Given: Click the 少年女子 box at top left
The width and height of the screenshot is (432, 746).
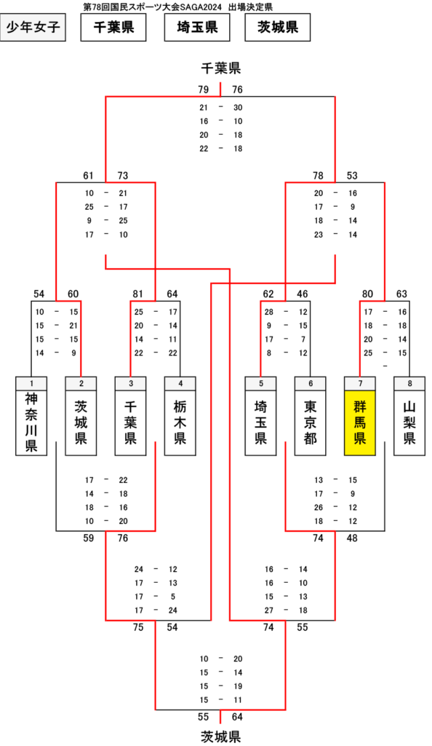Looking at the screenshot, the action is (x=33, y=28).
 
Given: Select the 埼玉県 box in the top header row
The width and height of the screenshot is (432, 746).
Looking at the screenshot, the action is (x=197, y=28).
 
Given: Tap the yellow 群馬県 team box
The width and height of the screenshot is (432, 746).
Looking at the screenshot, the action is (x=360, y=423).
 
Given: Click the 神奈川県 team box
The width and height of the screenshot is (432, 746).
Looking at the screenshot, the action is (x=31, y=423).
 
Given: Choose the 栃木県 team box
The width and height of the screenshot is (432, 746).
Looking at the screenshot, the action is (x=180, y=423).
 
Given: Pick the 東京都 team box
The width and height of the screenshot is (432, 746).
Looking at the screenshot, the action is (x=310, y=423).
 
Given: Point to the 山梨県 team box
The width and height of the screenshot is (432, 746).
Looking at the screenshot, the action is (x=409, y=423).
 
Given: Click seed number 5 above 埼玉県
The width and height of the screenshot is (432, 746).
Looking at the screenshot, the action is (x=260, y=384).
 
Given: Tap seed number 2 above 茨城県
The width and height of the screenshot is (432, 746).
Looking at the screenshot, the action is (x=81, y=384).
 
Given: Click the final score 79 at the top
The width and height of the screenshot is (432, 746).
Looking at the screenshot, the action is (x=203, y=90).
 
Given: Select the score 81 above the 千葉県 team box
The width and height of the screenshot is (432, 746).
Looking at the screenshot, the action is (x=137, y=294).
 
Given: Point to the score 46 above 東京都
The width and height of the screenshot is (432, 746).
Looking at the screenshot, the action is (x=303, y=294).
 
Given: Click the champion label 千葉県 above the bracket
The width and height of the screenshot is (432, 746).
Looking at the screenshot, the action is (x=221, y=68).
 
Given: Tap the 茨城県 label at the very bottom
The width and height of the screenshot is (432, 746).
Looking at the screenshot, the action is (x=221, y=737).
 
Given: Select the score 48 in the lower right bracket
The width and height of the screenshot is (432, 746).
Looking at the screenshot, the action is (x=352, y=538).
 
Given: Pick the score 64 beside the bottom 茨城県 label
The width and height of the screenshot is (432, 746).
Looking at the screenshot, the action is (x=237, y=717).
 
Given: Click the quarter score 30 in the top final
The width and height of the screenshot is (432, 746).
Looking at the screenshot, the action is (x=238, y=108).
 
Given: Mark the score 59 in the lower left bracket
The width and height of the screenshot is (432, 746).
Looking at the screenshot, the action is (x=88, y=538).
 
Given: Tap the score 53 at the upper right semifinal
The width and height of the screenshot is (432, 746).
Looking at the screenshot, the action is (x=352, y=176).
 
